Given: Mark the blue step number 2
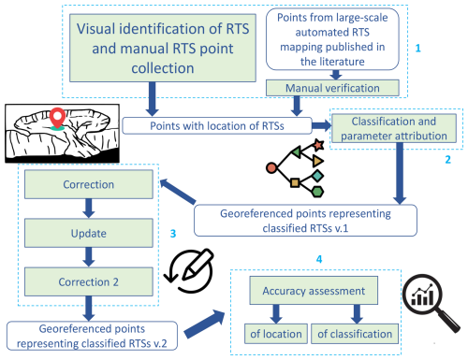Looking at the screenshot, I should click(x=450, y=161).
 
